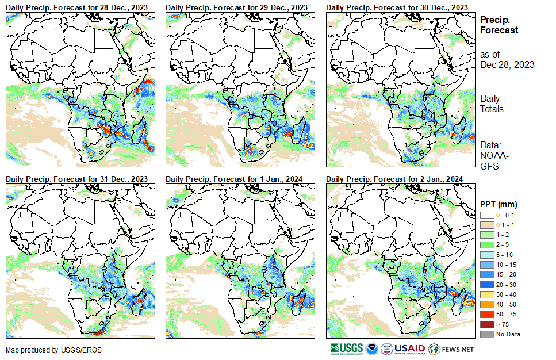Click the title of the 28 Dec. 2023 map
tap(76, 7)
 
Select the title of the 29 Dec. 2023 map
tap(236, 7)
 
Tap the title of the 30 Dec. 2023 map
tap(397, 7)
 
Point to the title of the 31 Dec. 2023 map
tap(76, 178)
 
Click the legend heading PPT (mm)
tap(499, 204)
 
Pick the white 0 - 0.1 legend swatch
tap(486, 215)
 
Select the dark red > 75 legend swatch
tap(486, 325)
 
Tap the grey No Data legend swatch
tap(486, 334)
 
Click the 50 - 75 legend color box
tap(486, 315)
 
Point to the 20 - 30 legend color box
tap(486, 285)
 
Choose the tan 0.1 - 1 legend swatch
tap(486, 225)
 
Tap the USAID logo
tap(409, 349)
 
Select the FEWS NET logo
tap(452, 349)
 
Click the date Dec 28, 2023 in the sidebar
tap(507, 64)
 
